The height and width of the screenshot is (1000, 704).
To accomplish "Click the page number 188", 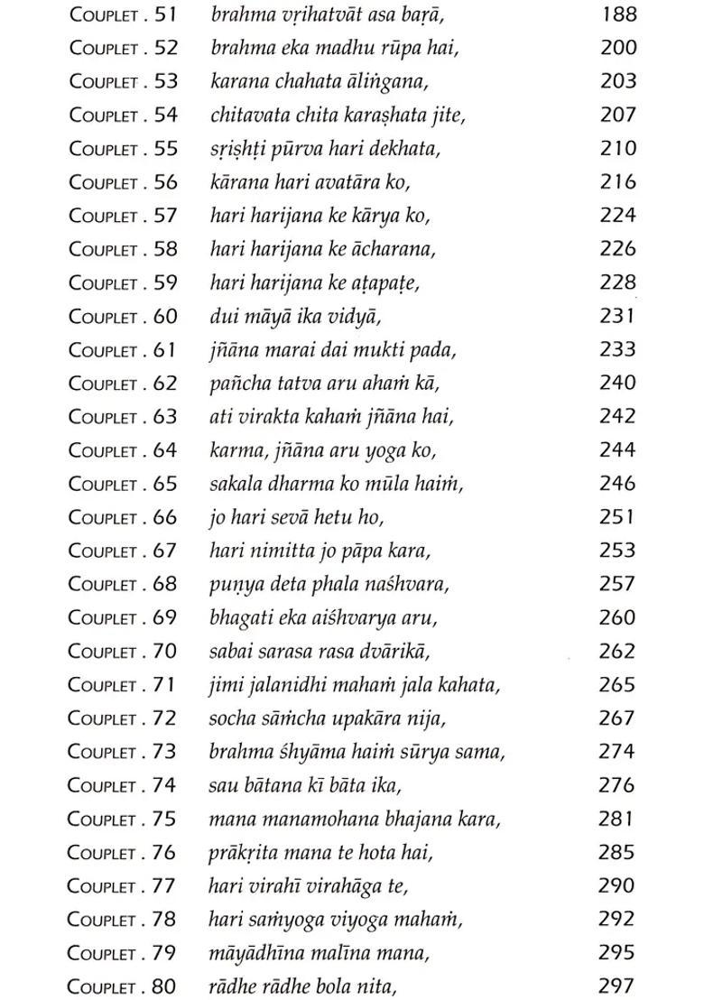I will click(x=618, y=14).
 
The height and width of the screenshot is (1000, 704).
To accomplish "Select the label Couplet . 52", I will click(x=124, y=48).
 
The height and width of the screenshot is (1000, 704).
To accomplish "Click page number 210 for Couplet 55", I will click(x=618, y=148).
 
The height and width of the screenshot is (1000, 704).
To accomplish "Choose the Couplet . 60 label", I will click(x=124, y=316).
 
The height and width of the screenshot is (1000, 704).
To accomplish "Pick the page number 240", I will click(x=618, y=383).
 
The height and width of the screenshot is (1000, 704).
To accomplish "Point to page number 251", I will click(x=618, y=516).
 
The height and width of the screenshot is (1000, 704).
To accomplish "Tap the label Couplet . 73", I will click(x=124, y=752).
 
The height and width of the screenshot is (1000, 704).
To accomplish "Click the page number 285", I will click(x=618, y=852).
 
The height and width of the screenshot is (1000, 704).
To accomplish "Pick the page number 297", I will click(x=618, y=986).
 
